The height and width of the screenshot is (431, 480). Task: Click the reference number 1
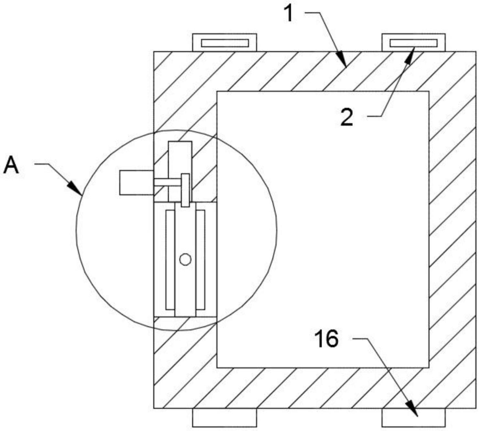(289, 14)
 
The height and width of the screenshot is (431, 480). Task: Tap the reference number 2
(347, 118)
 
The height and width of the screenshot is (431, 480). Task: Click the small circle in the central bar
(185, 259)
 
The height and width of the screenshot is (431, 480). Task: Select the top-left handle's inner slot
(225, 43)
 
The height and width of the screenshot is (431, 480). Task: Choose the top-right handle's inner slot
(414, 43)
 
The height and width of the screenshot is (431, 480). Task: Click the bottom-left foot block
(224, 417)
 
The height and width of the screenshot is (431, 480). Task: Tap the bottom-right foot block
(413, 417)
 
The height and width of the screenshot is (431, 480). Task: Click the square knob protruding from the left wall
(136, 183)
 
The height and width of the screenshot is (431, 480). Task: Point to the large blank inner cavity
(323, 229)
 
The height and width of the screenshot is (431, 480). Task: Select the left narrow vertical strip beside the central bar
(170, 260)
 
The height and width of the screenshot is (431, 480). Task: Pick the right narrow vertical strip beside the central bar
(200, 260)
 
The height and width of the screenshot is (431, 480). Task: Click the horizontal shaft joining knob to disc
(167, 183)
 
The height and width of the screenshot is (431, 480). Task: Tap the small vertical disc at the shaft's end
(185, 190)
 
